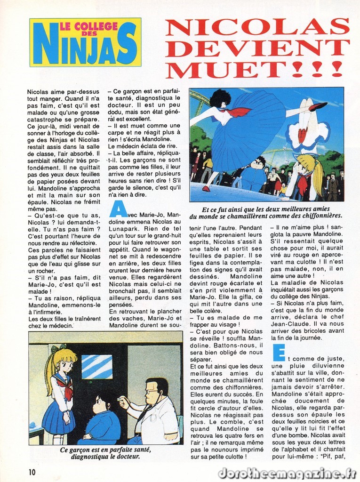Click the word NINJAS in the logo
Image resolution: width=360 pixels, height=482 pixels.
click(85, 47)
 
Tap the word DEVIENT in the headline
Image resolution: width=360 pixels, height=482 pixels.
click(257, 47)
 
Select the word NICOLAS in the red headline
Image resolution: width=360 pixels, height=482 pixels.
click(257, 26)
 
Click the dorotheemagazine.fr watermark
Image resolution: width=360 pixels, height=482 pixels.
click(287, 473)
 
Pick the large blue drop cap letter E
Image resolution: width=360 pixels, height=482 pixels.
click(279, 353)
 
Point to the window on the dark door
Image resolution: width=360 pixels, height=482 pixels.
click(96, 367)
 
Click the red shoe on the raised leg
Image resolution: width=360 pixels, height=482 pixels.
click(318, 106)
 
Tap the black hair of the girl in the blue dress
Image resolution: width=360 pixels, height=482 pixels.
click(220, 98)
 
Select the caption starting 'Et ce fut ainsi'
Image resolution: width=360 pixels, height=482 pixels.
click(266, 212)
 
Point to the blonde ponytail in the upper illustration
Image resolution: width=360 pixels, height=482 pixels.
click(316, 172)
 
